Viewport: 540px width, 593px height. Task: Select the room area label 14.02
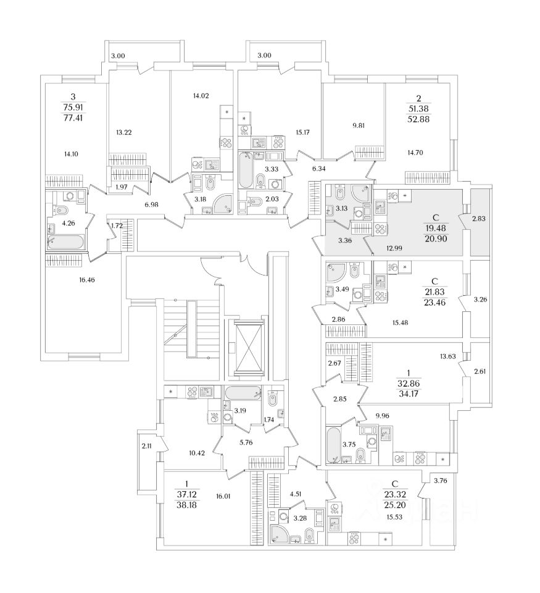201,95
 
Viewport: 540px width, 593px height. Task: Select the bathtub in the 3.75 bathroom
334,444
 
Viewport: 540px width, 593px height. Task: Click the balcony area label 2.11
146,445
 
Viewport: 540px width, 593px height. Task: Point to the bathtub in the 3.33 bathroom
245,170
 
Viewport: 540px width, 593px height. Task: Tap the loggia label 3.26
480,300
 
